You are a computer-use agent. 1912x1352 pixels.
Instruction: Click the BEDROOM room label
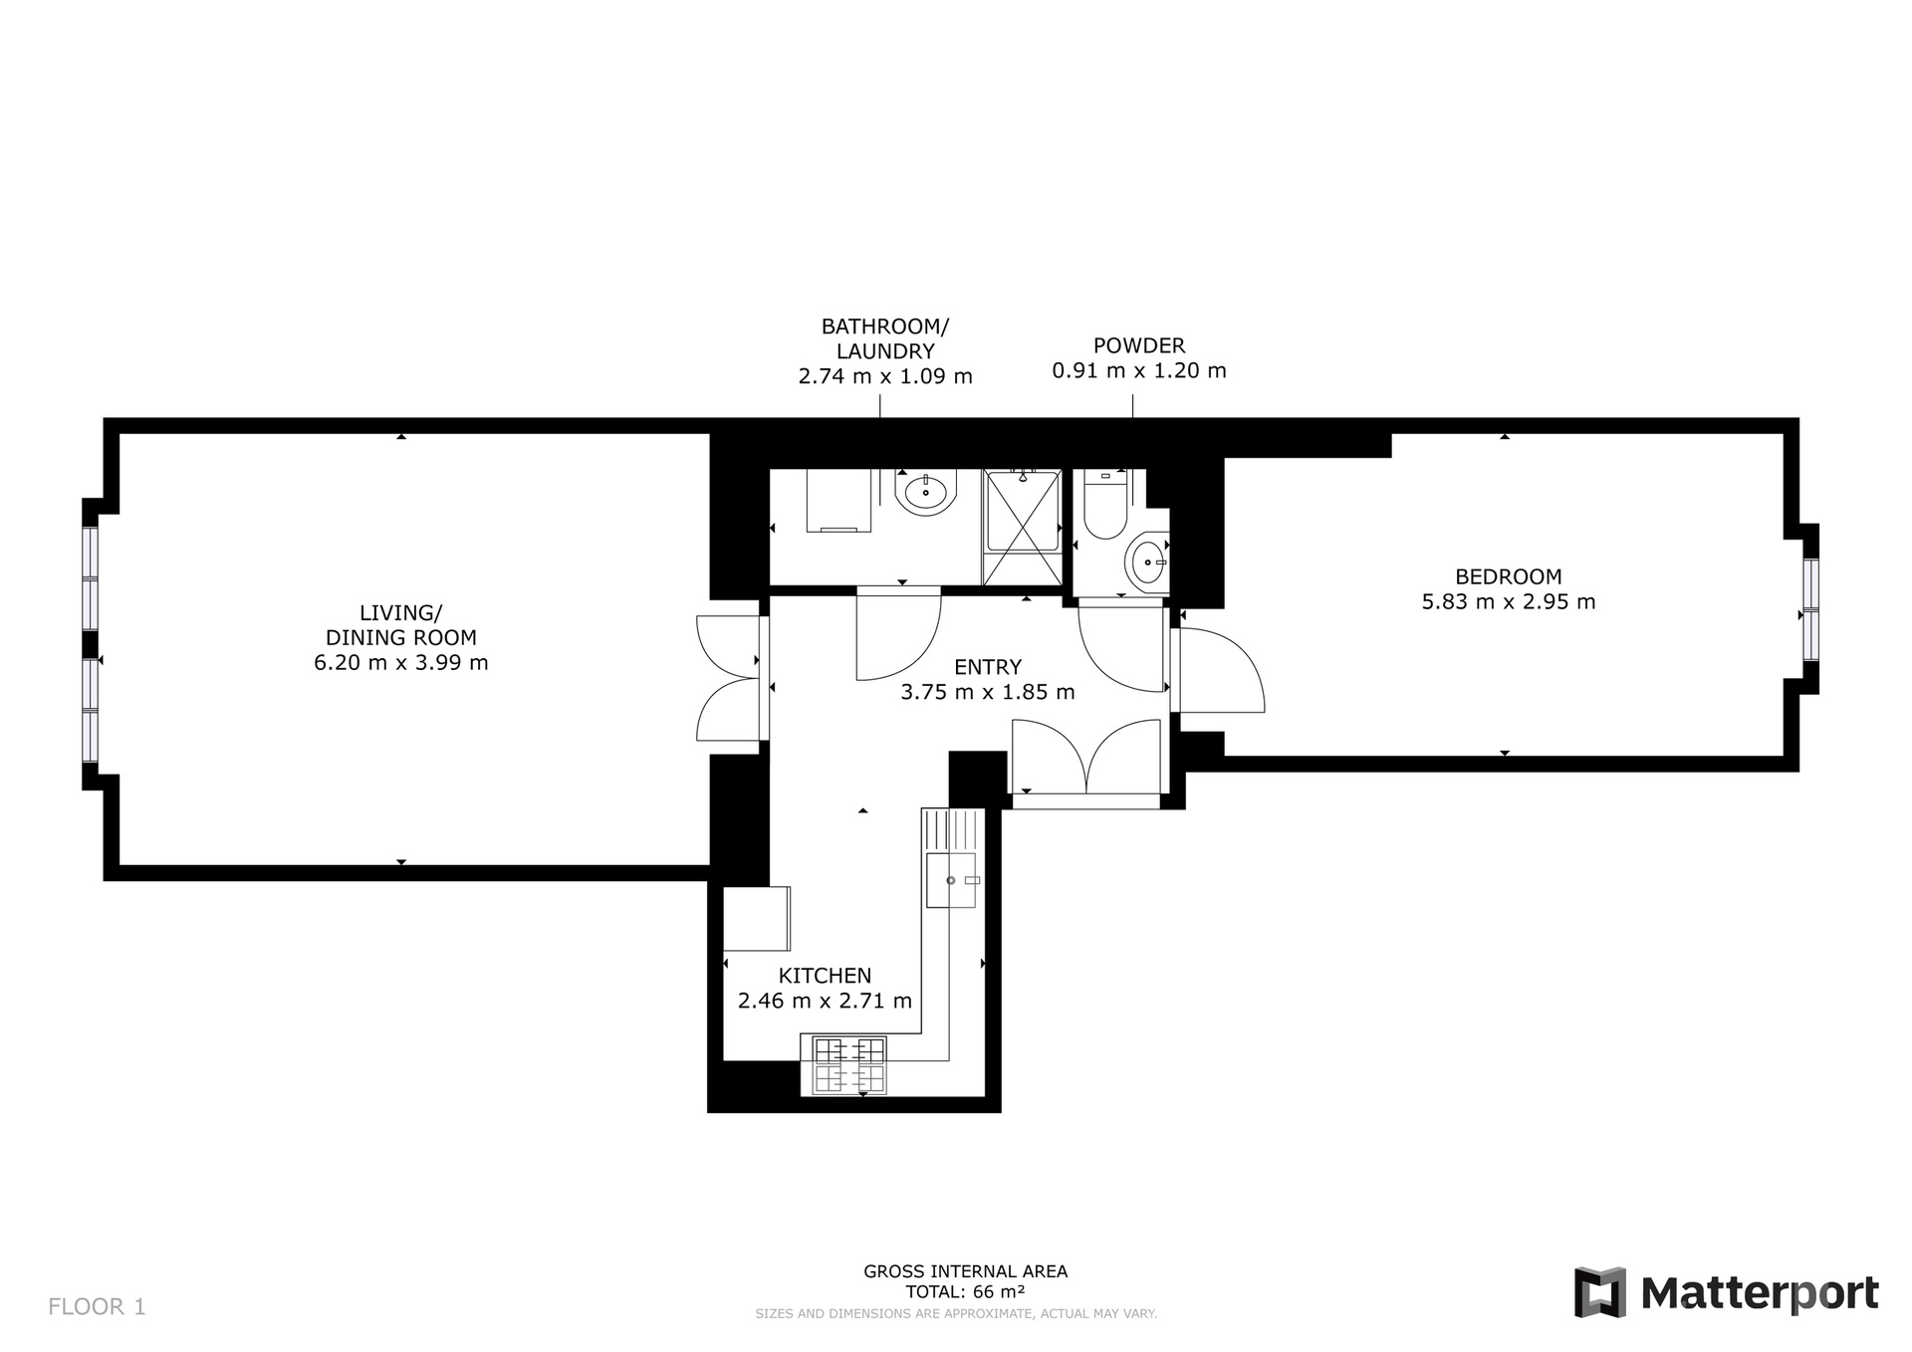point(1508,576)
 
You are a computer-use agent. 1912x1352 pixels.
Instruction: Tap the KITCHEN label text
point(825,976)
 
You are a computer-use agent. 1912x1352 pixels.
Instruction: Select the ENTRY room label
point(988,667)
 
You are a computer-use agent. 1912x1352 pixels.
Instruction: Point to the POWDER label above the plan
point(1139,345)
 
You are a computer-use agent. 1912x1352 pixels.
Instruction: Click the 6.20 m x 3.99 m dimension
point(401,663)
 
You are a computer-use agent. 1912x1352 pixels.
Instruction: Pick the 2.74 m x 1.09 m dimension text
point(885,376)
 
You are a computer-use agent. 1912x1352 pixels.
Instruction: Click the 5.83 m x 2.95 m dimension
point(1508,602)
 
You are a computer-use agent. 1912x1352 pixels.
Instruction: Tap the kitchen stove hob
point(849,1065)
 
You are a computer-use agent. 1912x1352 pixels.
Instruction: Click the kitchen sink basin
point(951,880)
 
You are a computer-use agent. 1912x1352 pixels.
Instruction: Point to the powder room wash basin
point(1147,563)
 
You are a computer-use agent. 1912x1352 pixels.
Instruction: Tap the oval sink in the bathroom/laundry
point(926,492)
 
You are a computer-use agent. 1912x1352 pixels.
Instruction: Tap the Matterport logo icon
point(1599,1292)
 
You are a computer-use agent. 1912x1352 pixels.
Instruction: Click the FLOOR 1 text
point(97,1307)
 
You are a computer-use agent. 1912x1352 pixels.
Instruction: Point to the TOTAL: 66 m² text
point(965,1292)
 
